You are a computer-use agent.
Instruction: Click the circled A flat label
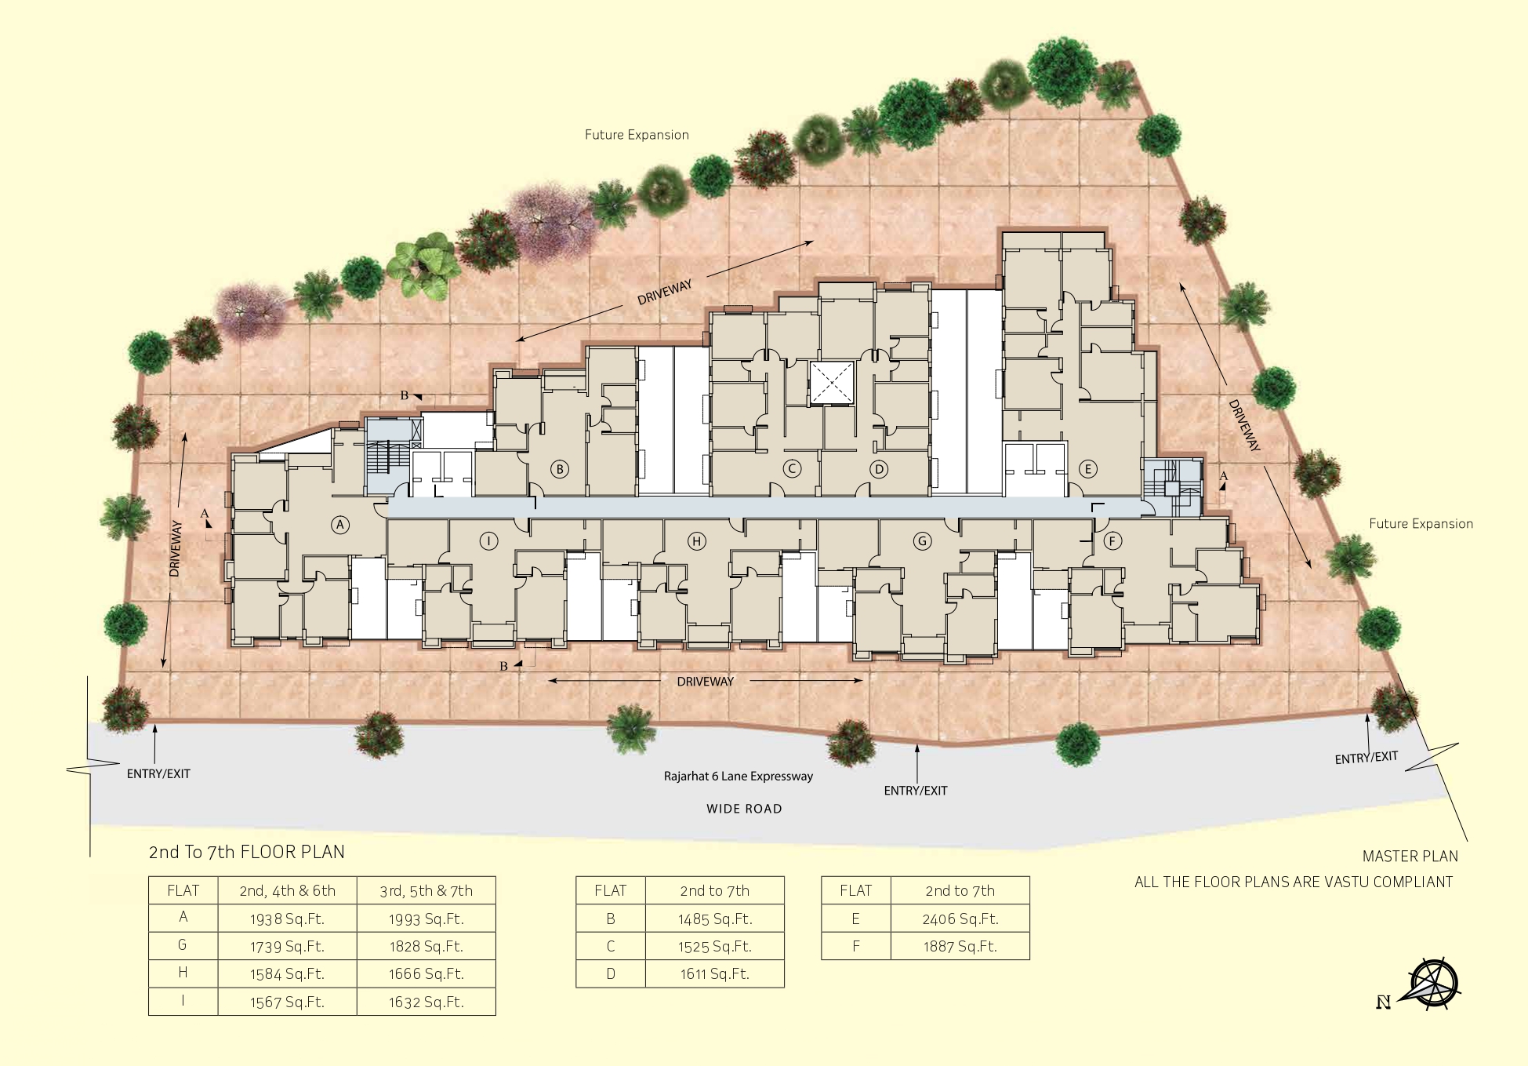[x=339, y=525]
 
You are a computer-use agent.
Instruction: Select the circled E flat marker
[x=1087, y=469]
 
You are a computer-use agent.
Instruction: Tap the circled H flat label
[x=696, y=541]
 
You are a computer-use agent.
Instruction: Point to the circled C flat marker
[x=792, y=469]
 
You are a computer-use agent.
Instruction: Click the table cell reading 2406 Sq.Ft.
[x=960, y=919]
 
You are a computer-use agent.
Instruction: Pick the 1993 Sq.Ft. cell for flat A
[x=426, y=919]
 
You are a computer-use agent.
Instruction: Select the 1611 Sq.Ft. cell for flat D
[x=714, y=974]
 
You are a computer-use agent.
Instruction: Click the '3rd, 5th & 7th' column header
[x=426, y=891]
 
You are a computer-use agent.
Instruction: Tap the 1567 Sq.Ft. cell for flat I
[x=287, y=1002]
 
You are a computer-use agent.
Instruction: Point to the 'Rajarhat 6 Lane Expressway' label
[x=739, y=777]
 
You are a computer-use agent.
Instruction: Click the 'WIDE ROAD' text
[x=744, y=809]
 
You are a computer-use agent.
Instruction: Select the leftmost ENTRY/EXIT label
[x=158, y=773]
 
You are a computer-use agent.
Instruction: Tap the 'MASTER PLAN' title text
[x=1410, y=857]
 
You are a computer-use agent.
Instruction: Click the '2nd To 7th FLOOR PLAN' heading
[x=247, y=852]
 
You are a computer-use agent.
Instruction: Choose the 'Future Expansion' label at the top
[x=637, y=135]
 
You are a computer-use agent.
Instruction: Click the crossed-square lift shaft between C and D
[x=832, y=383]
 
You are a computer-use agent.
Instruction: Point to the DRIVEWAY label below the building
[x=705, y=682]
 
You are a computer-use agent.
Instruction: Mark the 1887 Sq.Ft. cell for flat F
[x=960, y=947]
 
